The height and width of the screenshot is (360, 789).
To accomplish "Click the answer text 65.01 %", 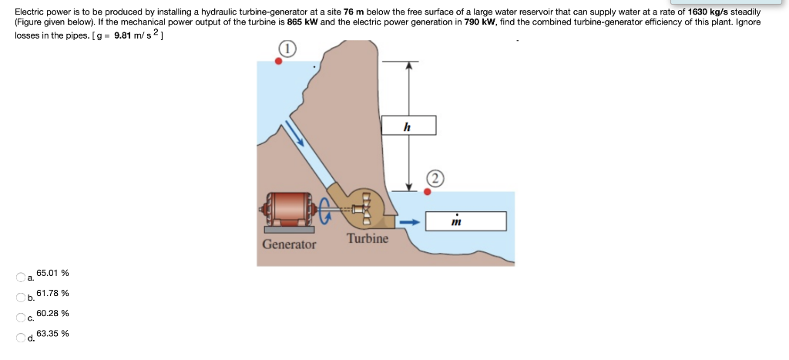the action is [x=52, y=273].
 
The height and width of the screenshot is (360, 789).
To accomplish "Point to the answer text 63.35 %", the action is [x=52, y=333].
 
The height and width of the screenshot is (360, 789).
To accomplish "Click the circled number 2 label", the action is [x=434, y=180].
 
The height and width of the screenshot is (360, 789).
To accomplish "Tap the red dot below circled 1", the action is [x=278, y=62].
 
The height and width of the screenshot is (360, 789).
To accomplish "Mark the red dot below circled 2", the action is [x=427, y=192].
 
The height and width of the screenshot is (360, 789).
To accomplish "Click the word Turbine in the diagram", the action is [x=368, y=238].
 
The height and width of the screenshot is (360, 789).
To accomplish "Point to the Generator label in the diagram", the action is [x=289, y=244].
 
